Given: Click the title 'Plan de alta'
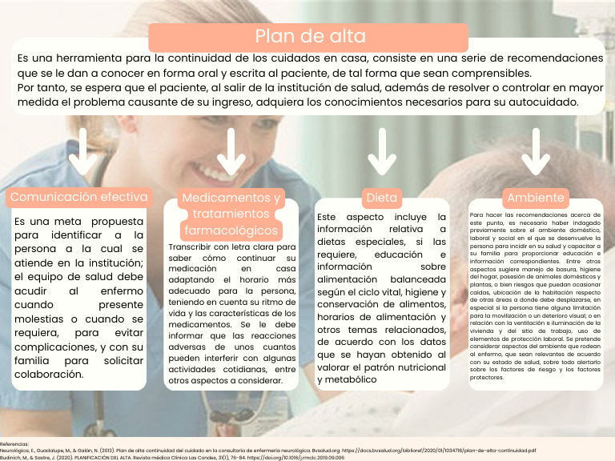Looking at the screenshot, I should (x=310, y=36).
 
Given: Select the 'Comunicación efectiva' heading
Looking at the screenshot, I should (x=78, y=197).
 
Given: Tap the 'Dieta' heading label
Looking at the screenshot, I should (x=381, y=197).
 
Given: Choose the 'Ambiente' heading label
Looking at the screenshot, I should (x=536, y=197).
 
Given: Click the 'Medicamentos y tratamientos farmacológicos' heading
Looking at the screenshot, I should (x=231, y=214).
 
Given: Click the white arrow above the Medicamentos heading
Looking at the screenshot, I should (x=231, y=153).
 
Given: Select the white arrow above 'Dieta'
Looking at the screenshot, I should (x=381, y=153).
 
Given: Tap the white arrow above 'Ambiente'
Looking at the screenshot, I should (x=535, y=153).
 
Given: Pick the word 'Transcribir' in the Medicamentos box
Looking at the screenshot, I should (x=191, y=247).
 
